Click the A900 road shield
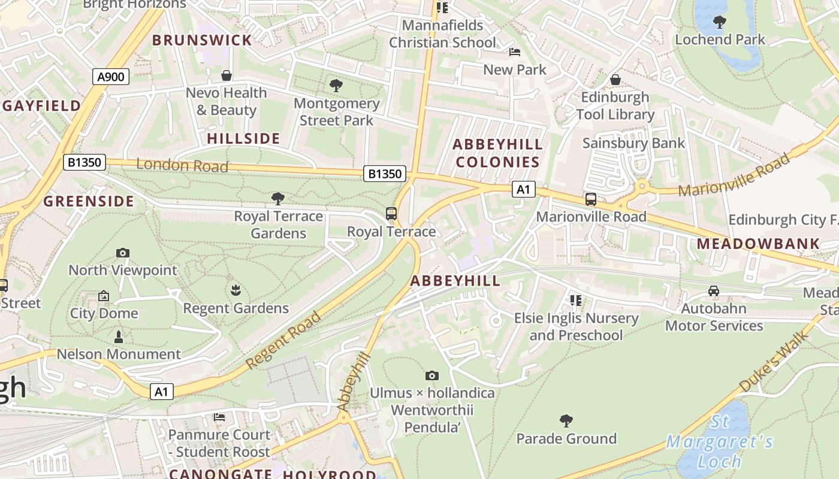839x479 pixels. pos(111,77)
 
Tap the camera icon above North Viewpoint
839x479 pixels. pos(123,253)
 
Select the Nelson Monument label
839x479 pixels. pos(119,354)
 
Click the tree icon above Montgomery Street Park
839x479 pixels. pos(336,86)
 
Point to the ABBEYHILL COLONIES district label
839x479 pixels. pos(497,153)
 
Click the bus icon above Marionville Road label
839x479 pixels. pos(591,199)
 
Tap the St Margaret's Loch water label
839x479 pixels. pos(719,442)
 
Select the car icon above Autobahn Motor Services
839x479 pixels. pos(713,291)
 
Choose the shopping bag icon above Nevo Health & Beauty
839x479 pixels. pos(227,75)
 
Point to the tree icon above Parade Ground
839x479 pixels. pos(566,421)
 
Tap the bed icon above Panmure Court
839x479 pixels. pos(219,417)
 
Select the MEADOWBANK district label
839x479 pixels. pos(758,244)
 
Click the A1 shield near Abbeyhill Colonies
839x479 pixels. pos(523,190)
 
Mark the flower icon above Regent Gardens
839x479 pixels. pos(236,291)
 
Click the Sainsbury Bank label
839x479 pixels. pos(633,143)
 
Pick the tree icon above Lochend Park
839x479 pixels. pos(720,23)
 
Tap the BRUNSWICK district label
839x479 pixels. pos(202,41)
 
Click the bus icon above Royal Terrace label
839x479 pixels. pos(391,214)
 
